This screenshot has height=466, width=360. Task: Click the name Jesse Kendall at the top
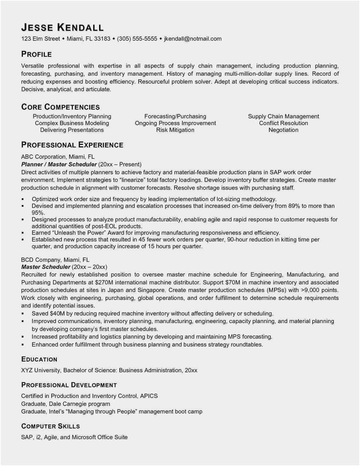[x=62, y=28]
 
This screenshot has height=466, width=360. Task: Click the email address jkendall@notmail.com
[x=193, y=39]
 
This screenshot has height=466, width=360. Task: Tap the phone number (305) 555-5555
[x=137, y=39]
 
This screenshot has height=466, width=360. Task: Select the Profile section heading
[x=36, y=54]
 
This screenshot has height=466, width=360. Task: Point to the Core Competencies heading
[x=60, y=107]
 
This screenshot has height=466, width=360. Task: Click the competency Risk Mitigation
[x=175, y=130]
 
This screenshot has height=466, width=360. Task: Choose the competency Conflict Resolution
[x=283, y=123]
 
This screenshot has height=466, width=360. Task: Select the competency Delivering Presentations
[x=72, y=130]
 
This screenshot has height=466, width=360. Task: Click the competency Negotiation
[x=283, y=130]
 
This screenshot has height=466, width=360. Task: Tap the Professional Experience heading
[x=72, y=145]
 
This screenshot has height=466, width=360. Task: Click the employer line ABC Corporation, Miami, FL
[x=58, y=157]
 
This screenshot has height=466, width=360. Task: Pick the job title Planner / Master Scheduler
[x=59, y=164]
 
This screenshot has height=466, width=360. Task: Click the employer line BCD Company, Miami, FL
[x=55, y=260]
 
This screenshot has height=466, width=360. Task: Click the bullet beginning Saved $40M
[x=152, y=313]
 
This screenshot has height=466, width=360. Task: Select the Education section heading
[x=39, y=359]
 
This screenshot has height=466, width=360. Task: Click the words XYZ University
[x=40, y=370]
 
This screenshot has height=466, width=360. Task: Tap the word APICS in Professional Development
[x=149, y=396]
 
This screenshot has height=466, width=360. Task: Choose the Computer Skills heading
[x=50, y=426]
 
